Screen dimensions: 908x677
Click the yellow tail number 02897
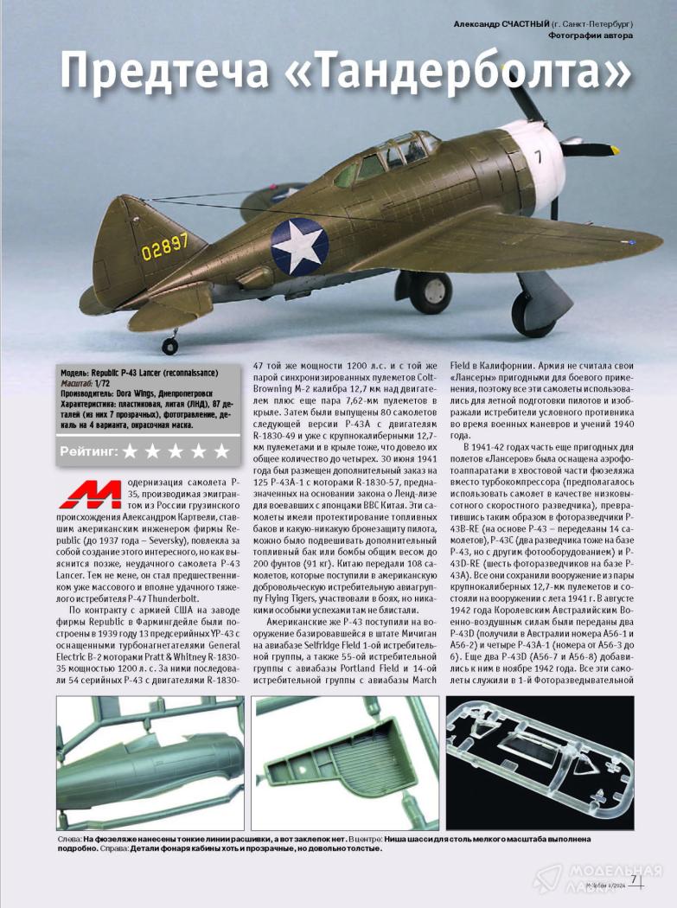(x=164, y=243)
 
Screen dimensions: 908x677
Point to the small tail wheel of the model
(x=169, y=346)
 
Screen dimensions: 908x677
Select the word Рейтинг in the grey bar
(x=89, y=451)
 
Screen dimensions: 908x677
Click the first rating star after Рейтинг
(x=131, y=451)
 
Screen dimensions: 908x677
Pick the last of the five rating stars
(x=221, y=451)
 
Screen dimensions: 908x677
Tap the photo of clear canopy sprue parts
(x=554, y=764)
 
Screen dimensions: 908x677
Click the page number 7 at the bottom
(x=634, y=880)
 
